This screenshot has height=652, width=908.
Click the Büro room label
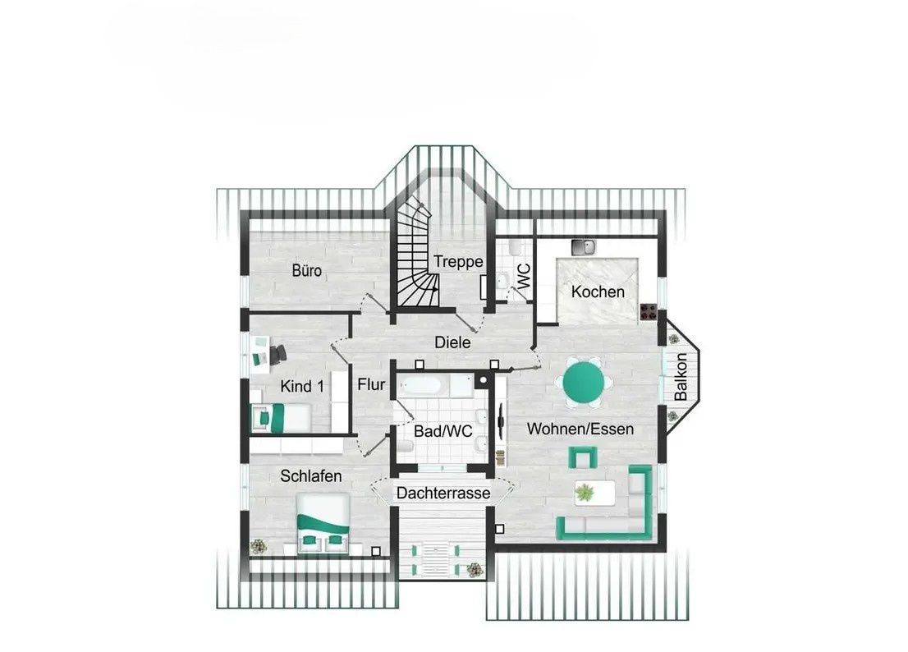click(307, 270)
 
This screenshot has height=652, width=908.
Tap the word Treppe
click(458, 262)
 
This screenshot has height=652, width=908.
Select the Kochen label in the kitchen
click(598, 292)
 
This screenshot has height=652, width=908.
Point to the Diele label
click(452, 342)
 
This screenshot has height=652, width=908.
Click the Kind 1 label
click(301, 386)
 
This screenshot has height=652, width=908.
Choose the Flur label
click(371, 384)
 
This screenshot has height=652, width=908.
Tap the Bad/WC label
click(443, 431)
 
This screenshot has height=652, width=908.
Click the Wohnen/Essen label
click(580, 429)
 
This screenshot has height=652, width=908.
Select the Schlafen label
click(311, 476)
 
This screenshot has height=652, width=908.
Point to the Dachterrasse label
click(443, 494)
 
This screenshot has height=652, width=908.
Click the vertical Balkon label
click(681, 377)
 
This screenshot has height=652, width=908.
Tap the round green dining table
click(584, 382)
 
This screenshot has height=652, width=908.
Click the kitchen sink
click(583, 247)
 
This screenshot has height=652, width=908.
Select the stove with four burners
click(649, 313)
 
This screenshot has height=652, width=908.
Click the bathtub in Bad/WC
click(423, 386)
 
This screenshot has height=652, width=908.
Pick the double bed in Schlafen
click(323, 524)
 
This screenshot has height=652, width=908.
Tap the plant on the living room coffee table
click(585, 493)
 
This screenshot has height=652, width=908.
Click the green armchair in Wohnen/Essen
click(583, 457)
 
